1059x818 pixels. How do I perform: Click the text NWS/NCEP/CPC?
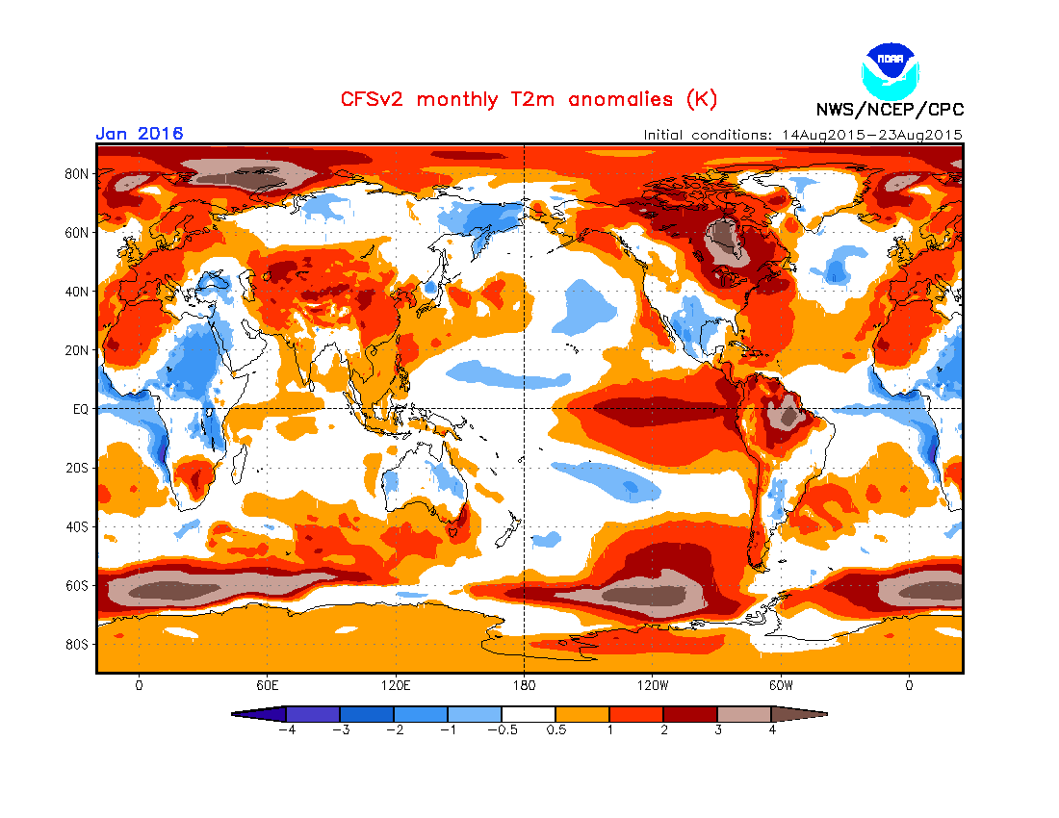890,110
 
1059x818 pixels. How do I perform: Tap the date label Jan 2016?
140,134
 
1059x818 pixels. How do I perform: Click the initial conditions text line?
803,135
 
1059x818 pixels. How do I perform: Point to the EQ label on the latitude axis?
82,408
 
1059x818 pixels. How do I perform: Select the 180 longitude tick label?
523,685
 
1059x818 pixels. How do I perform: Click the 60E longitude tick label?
267,685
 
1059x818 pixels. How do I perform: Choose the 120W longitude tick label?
652,685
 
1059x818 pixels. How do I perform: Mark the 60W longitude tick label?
781,685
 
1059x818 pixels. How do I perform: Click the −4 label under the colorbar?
285,729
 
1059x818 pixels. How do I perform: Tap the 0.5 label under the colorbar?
555,729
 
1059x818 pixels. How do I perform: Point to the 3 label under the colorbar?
717,729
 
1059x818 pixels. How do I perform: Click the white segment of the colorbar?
529,714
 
